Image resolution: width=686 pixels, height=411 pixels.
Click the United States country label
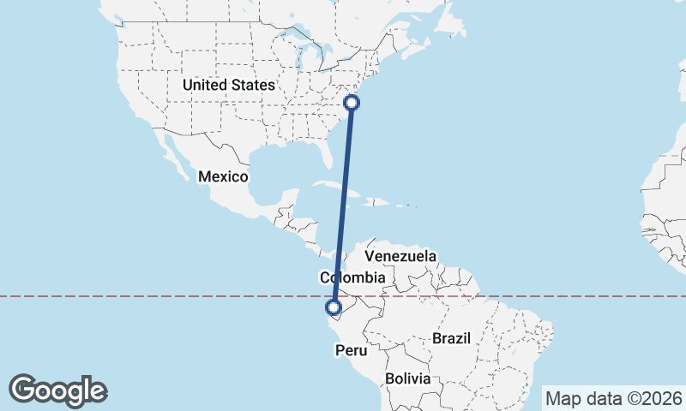point(228,85)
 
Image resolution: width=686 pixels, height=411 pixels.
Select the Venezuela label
point(400,256)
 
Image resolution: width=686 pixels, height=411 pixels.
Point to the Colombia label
point(352,277)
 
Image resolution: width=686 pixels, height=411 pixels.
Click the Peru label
point(351,350)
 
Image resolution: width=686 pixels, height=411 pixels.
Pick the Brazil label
point(452,338)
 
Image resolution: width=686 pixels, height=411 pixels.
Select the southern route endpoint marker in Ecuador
point(334,307)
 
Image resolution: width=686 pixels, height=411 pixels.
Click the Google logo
point(58,390)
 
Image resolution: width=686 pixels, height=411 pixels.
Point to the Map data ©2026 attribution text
point(613,398)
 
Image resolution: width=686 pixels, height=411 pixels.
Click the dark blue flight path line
point(343,205)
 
